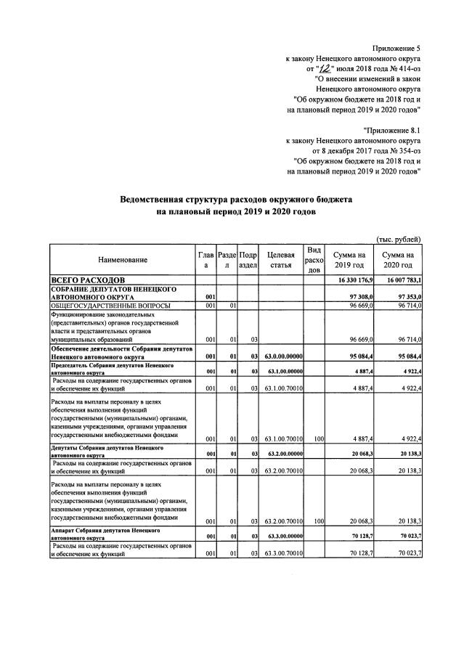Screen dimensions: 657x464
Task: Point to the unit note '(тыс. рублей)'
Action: pyautogui.click(x=398, y=239)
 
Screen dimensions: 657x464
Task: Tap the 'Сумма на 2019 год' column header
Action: pyautogui.click(x=349, y=260)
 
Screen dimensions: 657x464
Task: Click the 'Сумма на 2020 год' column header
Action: pyautogui.click(x=399, y=260)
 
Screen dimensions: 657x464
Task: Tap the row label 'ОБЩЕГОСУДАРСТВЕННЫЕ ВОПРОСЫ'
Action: pyautogui.click(x=110, y=306)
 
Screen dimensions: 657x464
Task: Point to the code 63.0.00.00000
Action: pyautogui.click(x=283, y=356)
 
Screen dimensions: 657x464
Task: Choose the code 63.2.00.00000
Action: pyautogui.click(x=283, y=452)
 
